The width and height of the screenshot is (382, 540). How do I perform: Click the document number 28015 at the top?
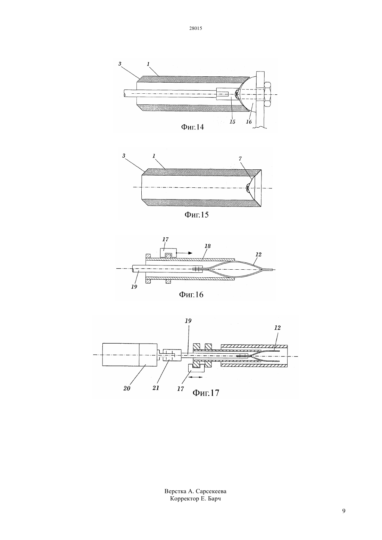click(196, 28)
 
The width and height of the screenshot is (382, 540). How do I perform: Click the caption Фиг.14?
click(192, 127)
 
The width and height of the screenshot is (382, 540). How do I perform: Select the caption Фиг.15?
click(197, 214)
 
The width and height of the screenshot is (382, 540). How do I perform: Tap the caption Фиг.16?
click(191, 295)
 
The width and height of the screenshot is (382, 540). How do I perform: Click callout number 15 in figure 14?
click(232, 122)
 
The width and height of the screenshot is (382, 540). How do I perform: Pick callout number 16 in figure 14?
click(249, 122)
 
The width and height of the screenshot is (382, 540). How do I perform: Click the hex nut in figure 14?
click(268, 94)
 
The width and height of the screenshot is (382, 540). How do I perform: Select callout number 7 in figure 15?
click(240, 159)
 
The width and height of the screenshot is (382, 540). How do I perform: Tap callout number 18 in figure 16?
click(207, 246)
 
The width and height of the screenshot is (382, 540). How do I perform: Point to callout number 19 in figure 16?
click(134, 287)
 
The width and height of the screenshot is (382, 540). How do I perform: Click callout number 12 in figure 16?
click(258, 254)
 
